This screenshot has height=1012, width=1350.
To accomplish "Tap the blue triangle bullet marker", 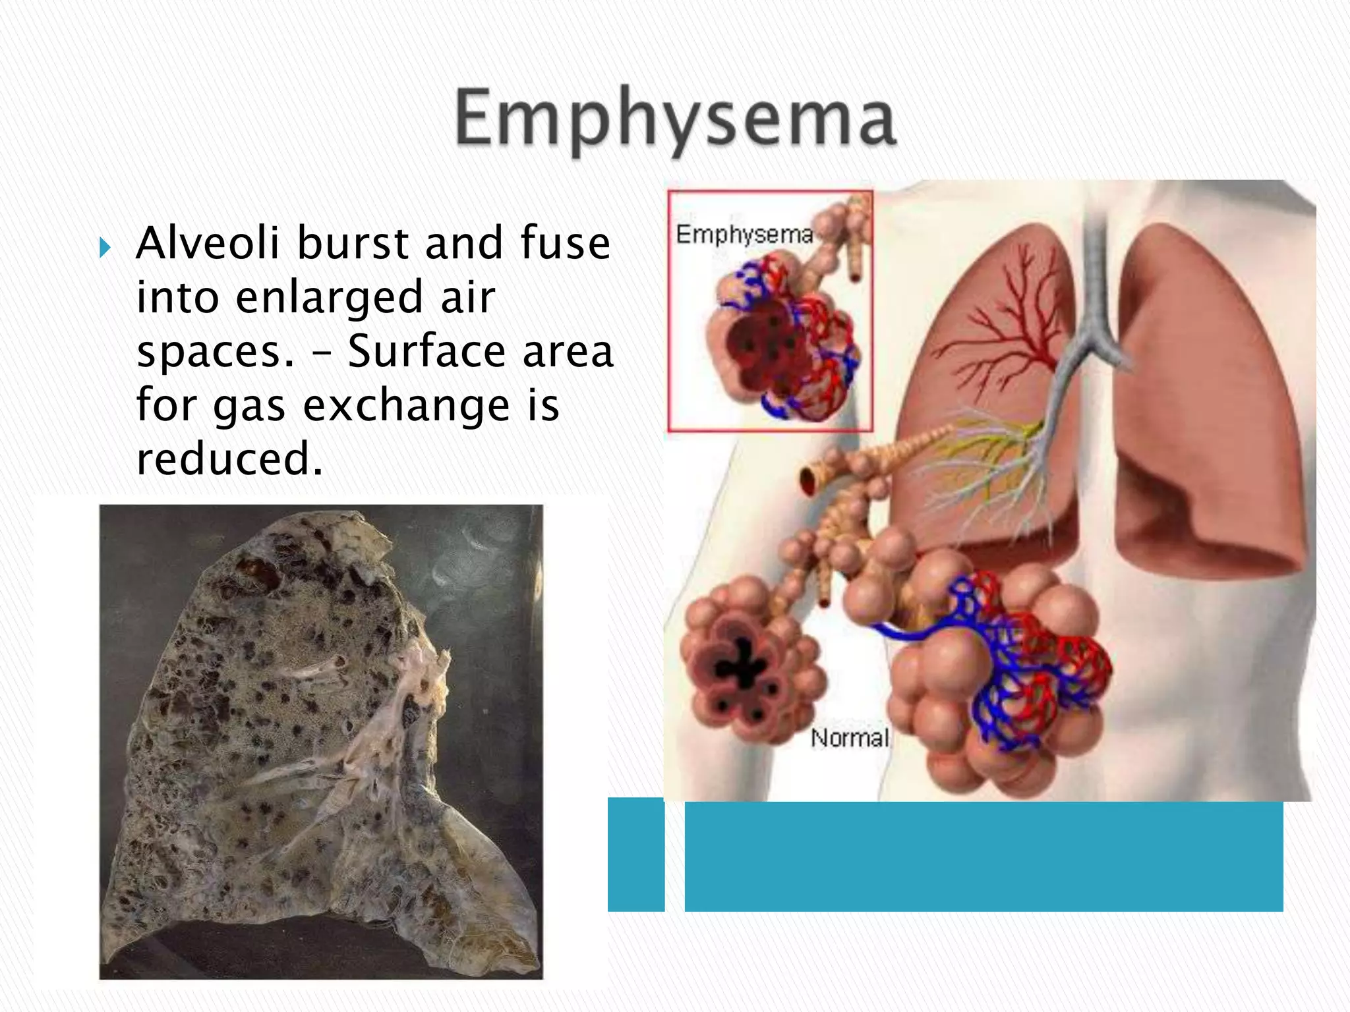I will tap(105, 248).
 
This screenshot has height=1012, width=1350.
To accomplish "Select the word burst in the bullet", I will tap(353, 243).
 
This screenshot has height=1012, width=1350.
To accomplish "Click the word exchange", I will tap(406, 405).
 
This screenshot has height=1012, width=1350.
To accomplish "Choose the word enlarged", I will tap(328, 298).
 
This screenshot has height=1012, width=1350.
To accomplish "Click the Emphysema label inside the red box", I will tap(744, 235).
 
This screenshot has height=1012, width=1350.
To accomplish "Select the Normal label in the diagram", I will tap(850, 738).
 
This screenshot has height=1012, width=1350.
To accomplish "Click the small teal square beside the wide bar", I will tap(635, 855).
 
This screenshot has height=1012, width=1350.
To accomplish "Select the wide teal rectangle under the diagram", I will tap(983, 857).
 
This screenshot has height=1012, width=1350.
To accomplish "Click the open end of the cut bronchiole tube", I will tap(809, 479).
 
